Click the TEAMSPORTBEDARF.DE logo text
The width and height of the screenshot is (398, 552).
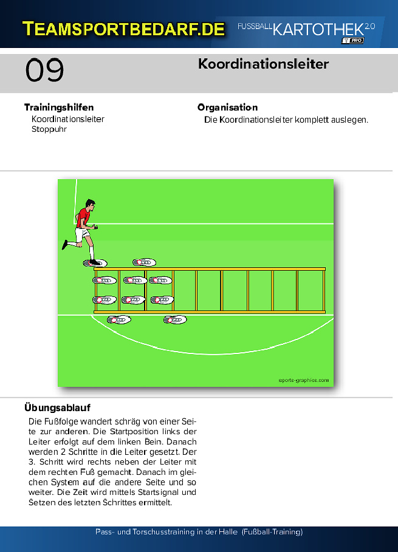[x=123, y=29]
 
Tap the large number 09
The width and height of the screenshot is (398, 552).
[x=45, y=70]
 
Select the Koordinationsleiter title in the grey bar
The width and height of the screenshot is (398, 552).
[x=264, y=64]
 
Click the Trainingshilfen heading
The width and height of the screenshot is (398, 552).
[x=59, y=107]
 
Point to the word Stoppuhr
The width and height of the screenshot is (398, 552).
[x=49, y=129]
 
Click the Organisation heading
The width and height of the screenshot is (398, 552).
[x=227, y=107]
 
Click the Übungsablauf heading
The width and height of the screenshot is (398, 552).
[x=57, y=407]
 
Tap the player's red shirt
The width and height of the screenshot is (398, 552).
[x=83, y=217]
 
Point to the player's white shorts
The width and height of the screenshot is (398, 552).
[x=81, y=234]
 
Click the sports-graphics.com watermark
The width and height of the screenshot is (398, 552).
[x=304, y=380]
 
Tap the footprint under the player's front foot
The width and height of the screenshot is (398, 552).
[x=95, y=263]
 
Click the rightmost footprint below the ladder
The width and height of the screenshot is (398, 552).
[x=175, y=319]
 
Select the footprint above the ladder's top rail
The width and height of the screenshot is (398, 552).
[x=145, y=262]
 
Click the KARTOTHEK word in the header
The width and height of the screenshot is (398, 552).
[x=318, y=30]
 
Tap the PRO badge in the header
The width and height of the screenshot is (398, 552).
[x=352, y=41]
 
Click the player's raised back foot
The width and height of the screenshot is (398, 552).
[x=65, y=245]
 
